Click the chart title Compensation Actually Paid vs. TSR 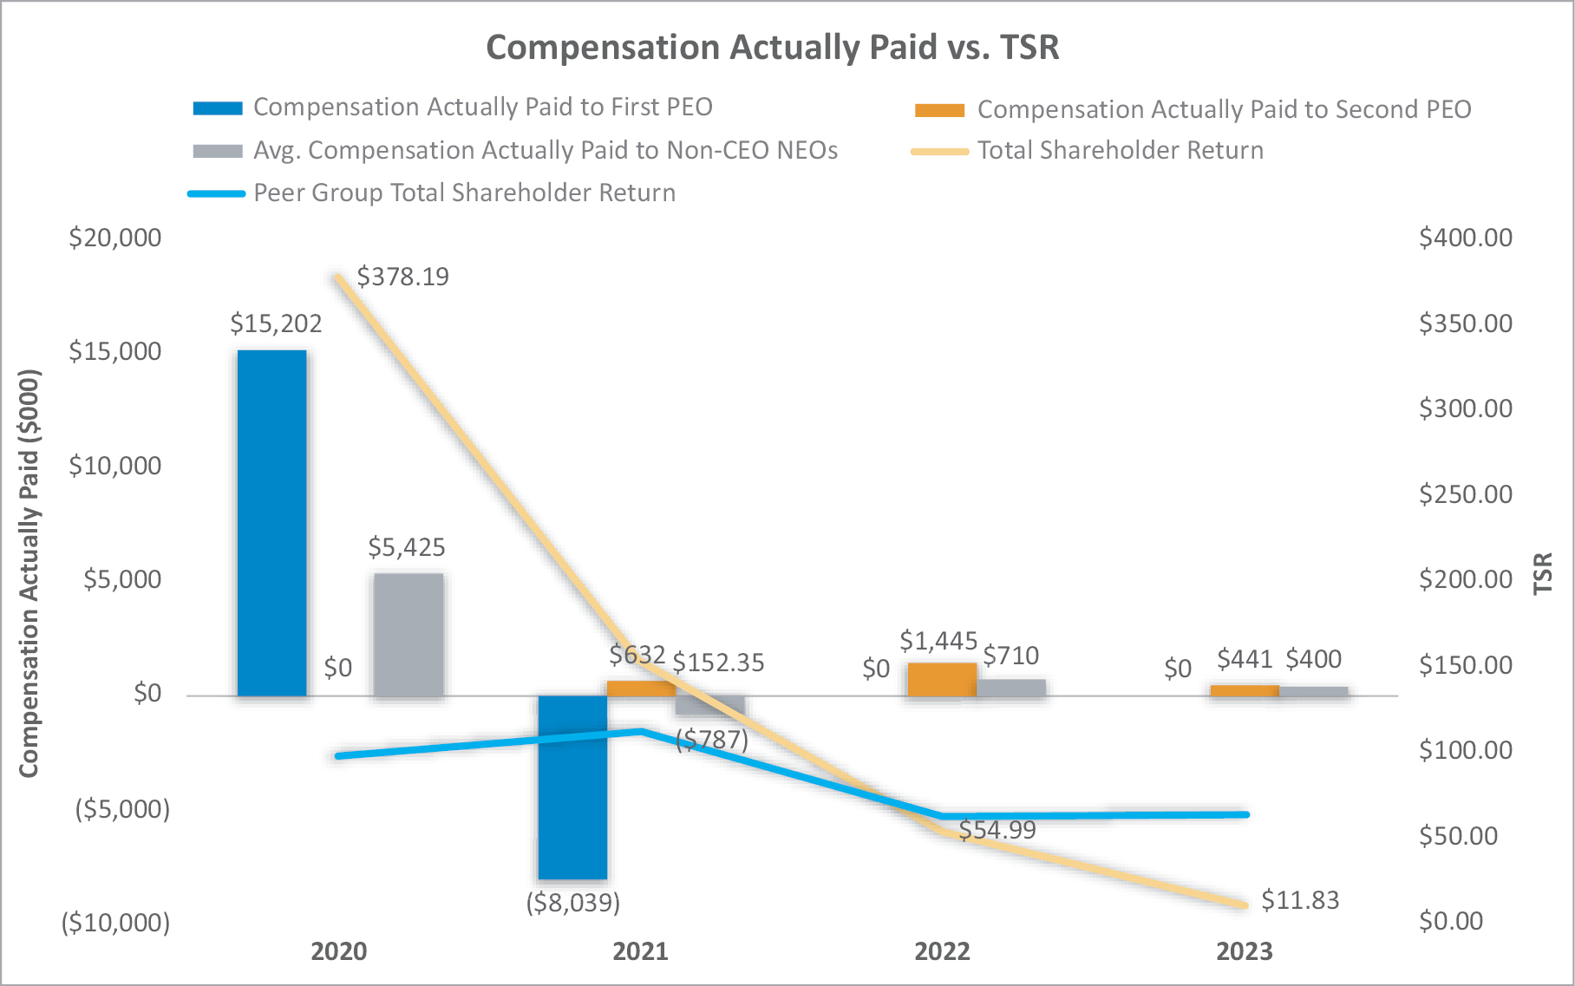click(773, 48)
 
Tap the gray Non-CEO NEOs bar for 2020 click(408, 634)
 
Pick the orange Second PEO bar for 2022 click(942, 679)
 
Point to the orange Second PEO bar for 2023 click(1244, 690)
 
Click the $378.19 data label click(403, 277)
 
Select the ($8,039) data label click(573, 903)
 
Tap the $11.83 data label click(1300, 900)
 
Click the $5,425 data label click(407, 547)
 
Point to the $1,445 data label click(938, 641)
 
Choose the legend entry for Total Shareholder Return click(1120, 151)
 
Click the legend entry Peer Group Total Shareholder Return click(464, 193)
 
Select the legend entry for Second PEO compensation click(1223, 109)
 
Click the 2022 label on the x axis click(942, 951)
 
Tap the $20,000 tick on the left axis click(115, 238)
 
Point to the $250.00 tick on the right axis click(1466, 494)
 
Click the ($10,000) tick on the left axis click(115, 923)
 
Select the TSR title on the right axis click(1542, 573)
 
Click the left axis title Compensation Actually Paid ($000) click(29, 573)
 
